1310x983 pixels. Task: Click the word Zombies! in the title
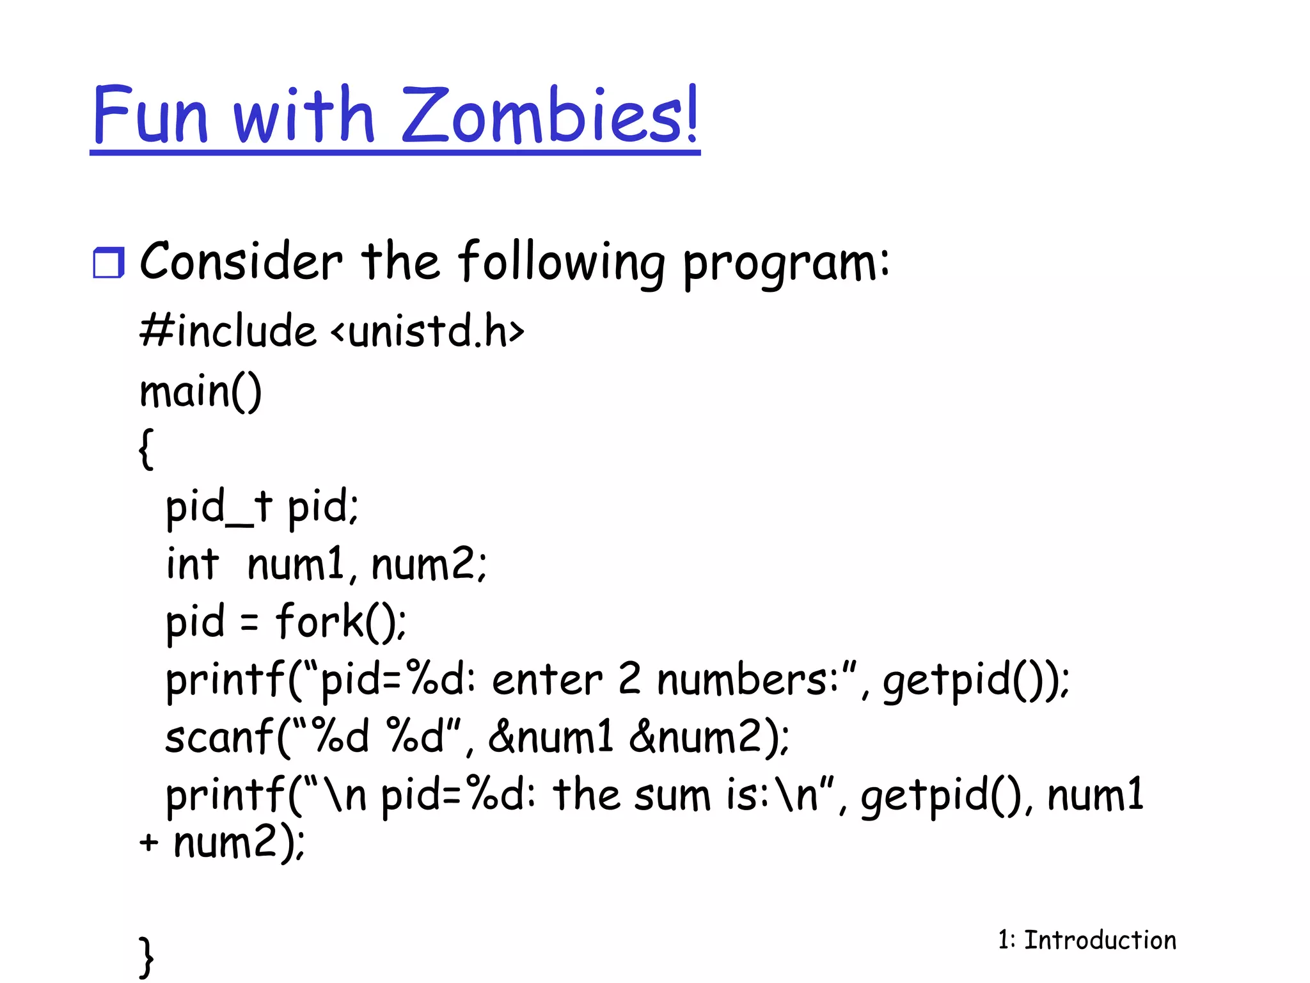tap(550, 115)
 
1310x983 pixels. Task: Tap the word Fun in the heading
tap(151, 115)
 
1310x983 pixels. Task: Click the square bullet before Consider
tap(108, 263)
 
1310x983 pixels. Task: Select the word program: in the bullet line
tap(785, 264)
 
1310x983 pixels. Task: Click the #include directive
tap(228, 332)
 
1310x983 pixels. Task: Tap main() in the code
tap(200, 391)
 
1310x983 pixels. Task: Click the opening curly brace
tap(146, 449)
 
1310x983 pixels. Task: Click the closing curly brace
tap(146, 956)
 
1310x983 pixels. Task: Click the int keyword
tap(192, 564)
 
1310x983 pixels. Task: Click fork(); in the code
tap(341, 622)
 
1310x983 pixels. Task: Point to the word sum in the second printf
tap(672, 795)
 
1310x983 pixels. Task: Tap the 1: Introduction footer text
tap(1087, 940)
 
